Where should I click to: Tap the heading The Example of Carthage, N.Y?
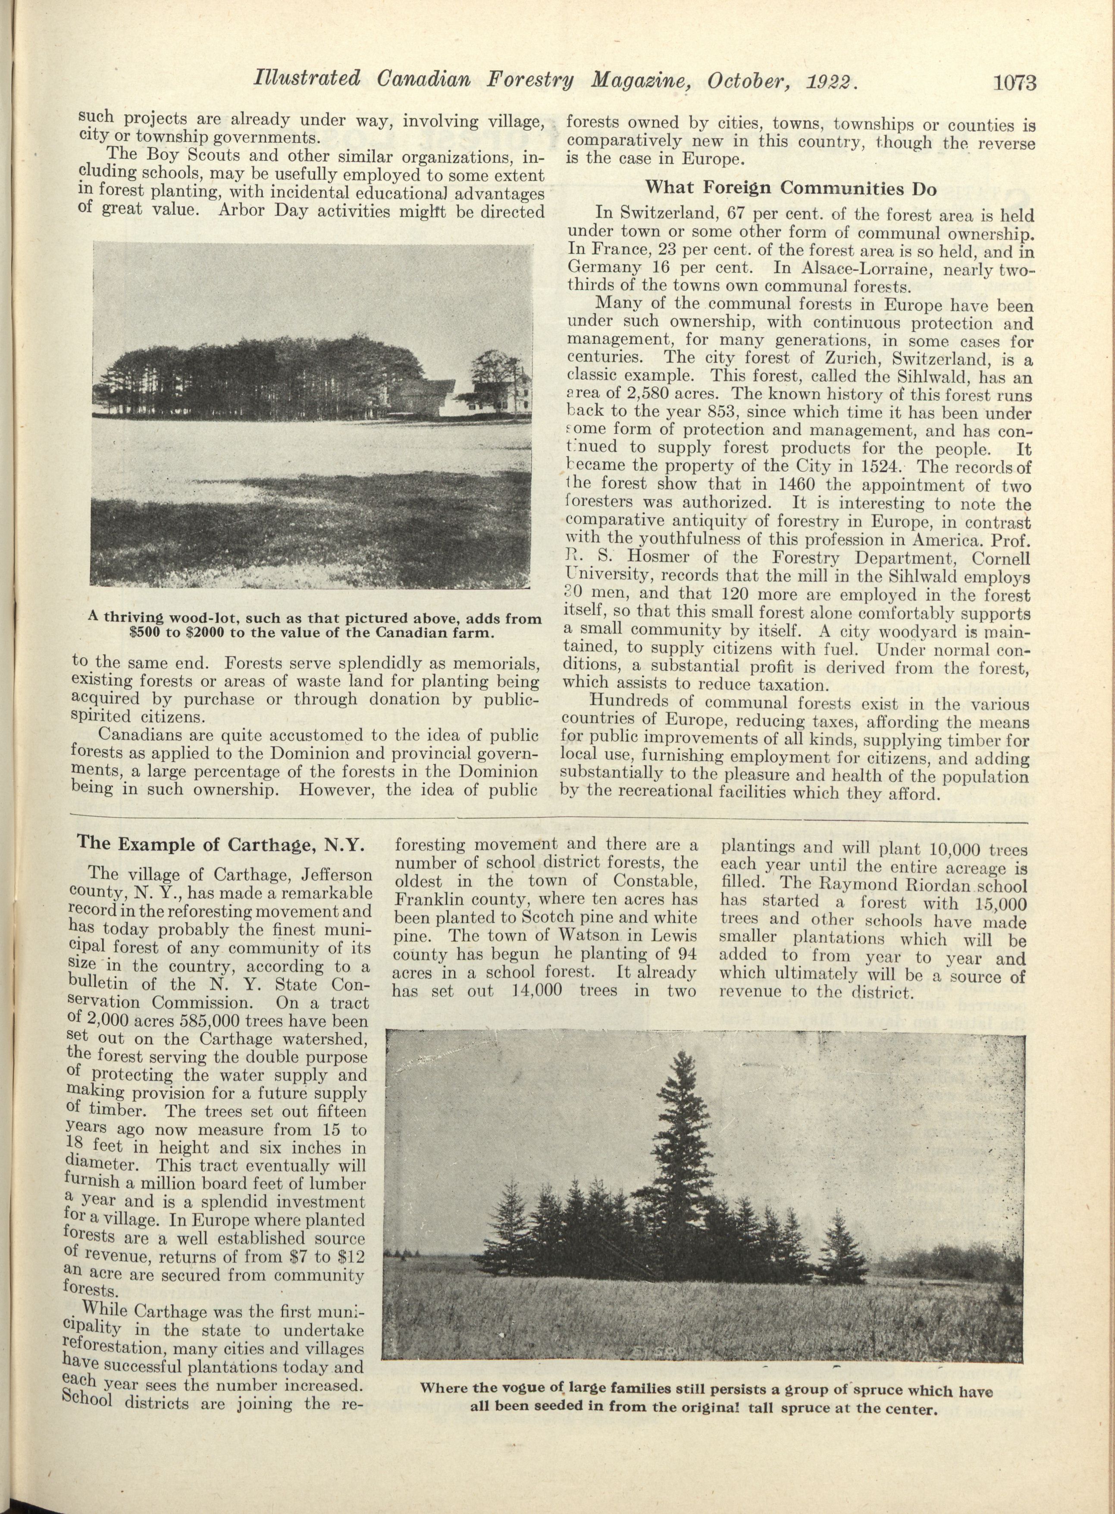[220, 844]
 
